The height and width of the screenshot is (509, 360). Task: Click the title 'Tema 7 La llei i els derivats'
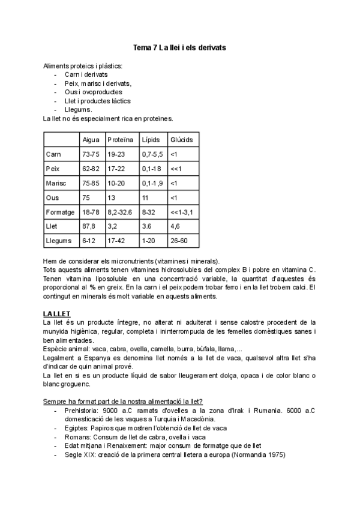179,47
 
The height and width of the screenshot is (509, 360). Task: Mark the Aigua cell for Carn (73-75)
91,154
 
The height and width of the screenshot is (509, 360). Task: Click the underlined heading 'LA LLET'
57,314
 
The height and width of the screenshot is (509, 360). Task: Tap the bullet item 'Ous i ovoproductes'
93,92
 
